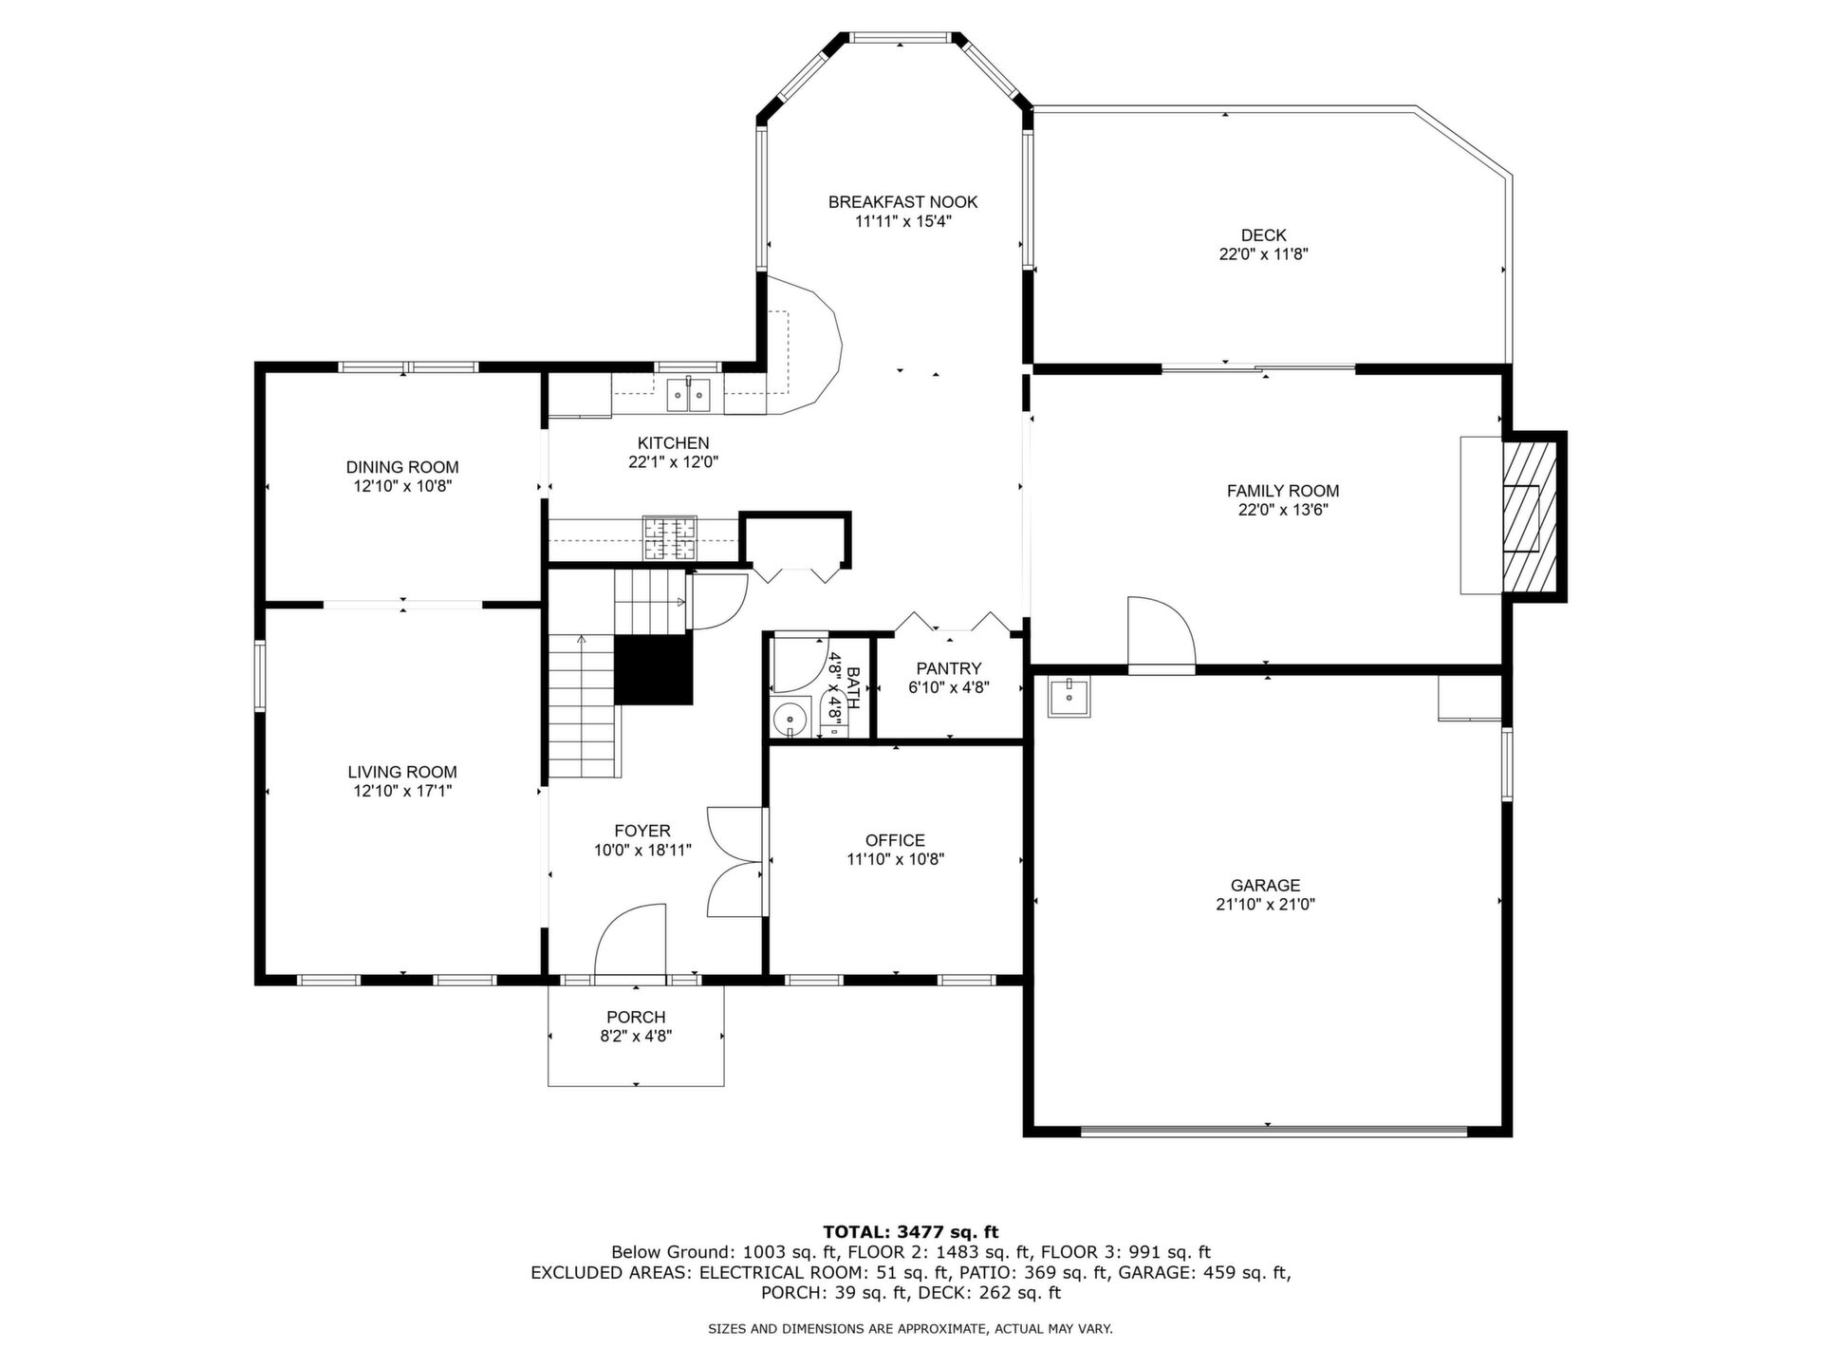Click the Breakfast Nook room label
coord(902,202)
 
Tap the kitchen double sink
coord(689,394)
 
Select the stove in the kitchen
coord(669,538)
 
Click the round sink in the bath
coord(790,721)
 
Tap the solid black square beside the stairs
coord(654,669)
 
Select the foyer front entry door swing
coord(630,939)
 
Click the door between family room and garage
coord(1161,634)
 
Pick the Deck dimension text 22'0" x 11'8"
coord(1264,254)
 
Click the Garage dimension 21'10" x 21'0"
coord(1265,905)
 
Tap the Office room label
coord(895,840)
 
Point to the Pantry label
coord(949,668)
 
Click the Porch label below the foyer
coord(636,1017)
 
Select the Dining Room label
coord(402,467)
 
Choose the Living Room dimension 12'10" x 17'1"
coord(402,791)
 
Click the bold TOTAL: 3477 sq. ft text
coord(911,1232)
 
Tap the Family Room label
coord(1283,491)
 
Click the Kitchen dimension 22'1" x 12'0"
coord(674,462)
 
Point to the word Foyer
coord(642,831)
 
